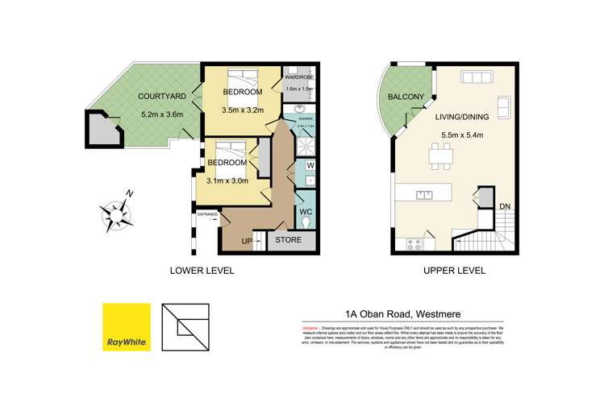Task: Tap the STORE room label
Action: (x=289, y=239)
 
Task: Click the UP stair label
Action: (x=248, y=241)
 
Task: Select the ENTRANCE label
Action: (x=207, y=215)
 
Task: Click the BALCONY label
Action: (x=406, y=97)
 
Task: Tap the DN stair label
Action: (x=505, y=207)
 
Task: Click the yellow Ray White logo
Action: (x=127, y=327)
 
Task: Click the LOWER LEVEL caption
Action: (x=201, y=271)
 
